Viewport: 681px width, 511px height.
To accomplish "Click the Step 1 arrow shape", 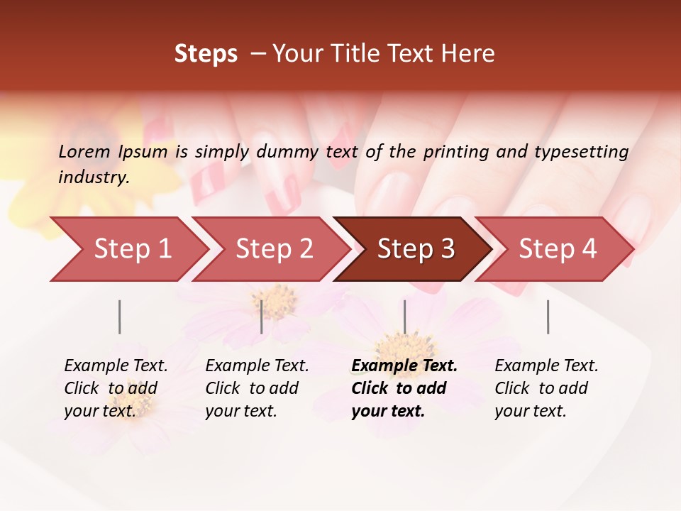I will click(131, 249).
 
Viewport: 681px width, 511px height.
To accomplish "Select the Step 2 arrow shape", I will click(273, 249).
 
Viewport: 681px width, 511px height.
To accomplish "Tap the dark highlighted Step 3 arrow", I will click(415, 249).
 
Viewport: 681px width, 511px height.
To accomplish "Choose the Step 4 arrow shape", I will click(557, 249).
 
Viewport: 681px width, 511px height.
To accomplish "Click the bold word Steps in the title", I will click(206, 54).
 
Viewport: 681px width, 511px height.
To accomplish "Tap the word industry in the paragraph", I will click(94, 177).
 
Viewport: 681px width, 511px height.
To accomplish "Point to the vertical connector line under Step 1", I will click(120, 317).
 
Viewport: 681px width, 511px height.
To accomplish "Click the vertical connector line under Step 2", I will click(262, 317).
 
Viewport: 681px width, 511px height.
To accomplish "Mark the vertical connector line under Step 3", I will click(404, 317).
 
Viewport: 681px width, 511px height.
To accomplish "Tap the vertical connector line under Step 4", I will click(548, 317).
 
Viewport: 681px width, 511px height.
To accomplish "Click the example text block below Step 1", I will click(116, 388).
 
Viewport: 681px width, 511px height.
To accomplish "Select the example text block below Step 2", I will click(257, 388).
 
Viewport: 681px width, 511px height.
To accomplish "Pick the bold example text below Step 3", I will click(404, 388).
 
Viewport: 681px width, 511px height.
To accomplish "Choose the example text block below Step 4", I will click(546, 388).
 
